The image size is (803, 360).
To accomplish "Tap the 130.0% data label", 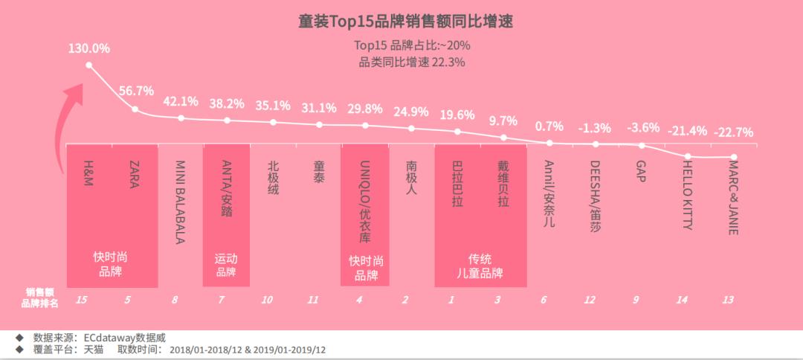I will tap(88, 48).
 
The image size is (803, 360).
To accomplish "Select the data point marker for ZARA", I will tap(135, 109).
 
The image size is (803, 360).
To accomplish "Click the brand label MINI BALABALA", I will tap(180, 202).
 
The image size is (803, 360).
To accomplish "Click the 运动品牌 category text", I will tap(227, 265).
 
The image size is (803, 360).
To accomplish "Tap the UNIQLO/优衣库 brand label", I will tap(364, 201).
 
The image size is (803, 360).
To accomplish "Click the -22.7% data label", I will tap(733, 132).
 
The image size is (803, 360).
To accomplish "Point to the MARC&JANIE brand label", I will tap(733, 196).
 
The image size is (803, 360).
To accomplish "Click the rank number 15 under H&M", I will tap(83, 300).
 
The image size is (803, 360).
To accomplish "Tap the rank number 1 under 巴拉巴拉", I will tap(451, 300).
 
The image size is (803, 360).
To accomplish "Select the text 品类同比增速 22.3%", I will tap(411, 62).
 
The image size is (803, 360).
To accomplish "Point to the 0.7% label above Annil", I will tap(549, 126).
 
